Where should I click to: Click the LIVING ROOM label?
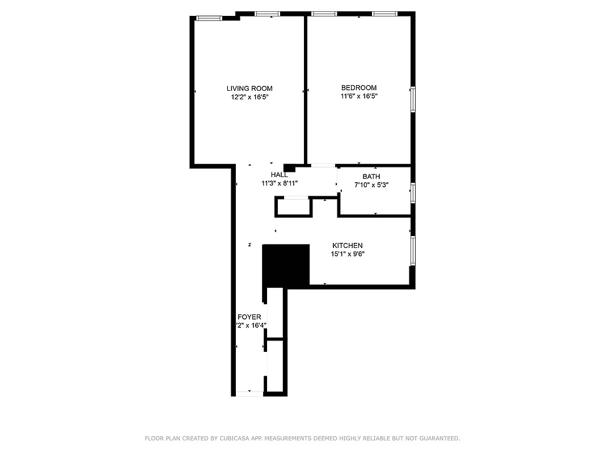coord(249,88)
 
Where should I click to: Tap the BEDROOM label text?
coord(358,87)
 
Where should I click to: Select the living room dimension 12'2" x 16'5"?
coord(249,97)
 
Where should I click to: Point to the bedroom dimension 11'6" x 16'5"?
coord(358,96)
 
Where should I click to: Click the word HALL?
coord(280,175)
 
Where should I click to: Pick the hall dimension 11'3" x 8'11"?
coord(280,183)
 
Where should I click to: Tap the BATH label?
coord(371,176)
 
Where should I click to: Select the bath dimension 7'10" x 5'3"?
coord(371,185)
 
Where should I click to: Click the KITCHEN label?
coord(348,245)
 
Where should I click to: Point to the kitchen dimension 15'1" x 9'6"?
coord(348,254)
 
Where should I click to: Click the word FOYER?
coord(249,317)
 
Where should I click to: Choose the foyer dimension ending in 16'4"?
coord(251,325)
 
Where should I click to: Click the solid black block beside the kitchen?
coord(286,264)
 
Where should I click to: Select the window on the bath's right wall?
coord(413,192)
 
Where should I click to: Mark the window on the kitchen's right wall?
coord(413,250)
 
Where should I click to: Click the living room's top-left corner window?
coord(209,18)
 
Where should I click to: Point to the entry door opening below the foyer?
coord(249,393)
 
